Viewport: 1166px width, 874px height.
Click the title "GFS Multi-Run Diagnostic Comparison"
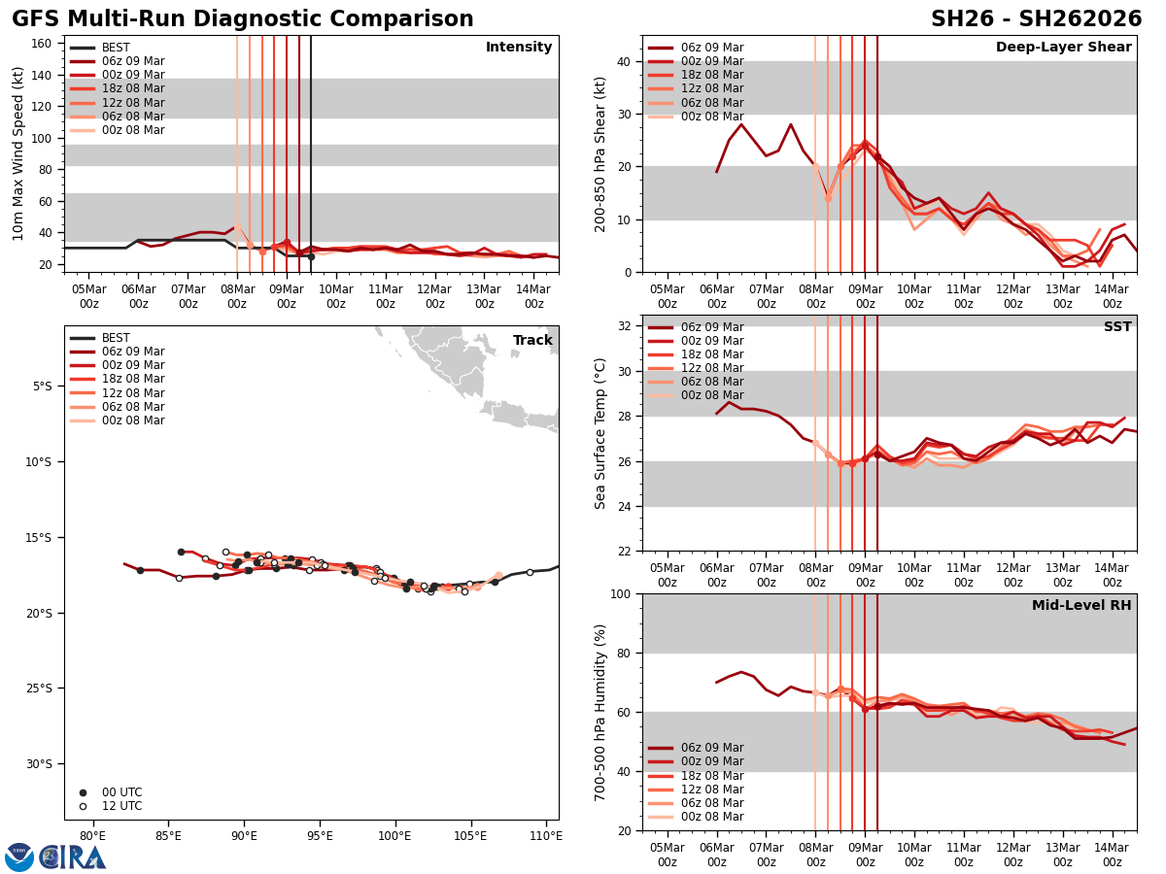point(243,19)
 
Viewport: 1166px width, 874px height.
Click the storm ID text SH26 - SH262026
point(1036,19)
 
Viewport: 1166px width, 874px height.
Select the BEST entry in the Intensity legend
point(116,48)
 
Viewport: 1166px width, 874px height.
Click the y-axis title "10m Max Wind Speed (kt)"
point(18,153)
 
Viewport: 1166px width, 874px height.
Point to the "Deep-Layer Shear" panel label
point(1063,48)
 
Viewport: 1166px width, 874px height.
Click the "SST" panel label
point(1117,327)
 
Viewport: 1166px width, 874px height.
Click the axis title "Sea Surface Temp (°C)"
point(600,433)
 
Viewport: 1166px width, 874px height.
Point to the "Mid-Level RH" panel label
point(1081,606)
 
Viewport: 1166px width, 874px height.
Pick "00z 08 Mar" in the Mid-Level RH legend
point(712,817)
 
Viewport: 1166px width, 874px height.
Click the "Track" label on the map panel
point(532,341)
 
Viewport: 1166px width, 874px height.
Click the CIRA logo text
point(73,857)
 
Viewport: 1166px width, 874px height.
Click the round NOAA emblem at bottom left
point(18,857)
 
